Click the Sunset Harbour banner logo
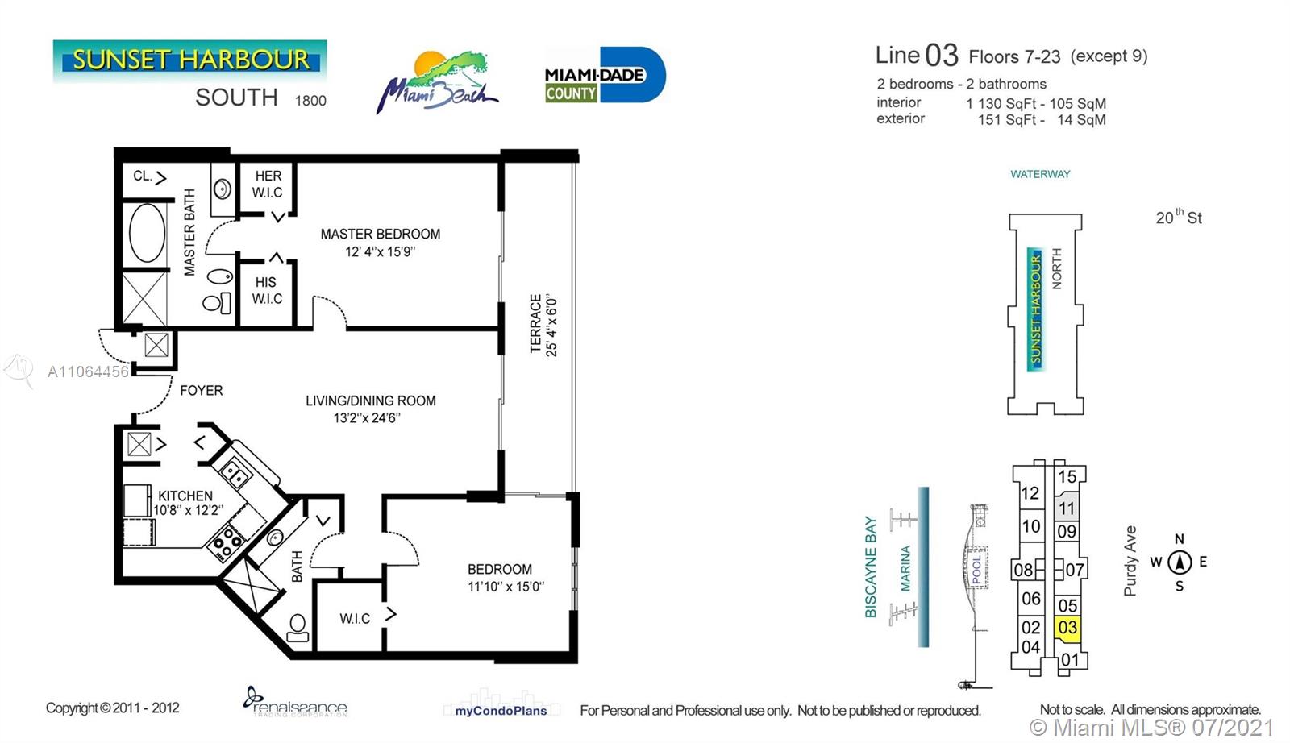coord(189,60)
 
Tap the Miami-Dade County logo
coord(605,75)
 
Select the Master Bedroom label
coord(380,235)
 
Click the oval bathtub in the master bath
coord(147,233)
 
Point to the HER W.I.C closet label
coord(268,185)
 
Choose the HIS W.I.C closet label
coord(267,291)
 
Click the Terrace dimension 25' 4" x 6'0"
coord(551,326)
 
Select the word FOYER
coord(201,391)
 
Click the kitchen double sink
coord(235,473)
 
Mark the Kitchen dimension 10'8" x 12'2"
coord(188,510)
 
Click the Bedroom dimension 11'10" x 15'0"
coord(506,587)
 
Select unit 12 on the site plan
coord(1030,493)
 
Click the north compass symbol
coord(1180,562)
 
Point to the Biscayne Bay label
coord(870,567)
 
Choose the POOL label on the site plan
coord(976,570)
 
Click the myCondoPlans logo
coord(501,711)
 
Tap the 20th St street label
coord(1179,217)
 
